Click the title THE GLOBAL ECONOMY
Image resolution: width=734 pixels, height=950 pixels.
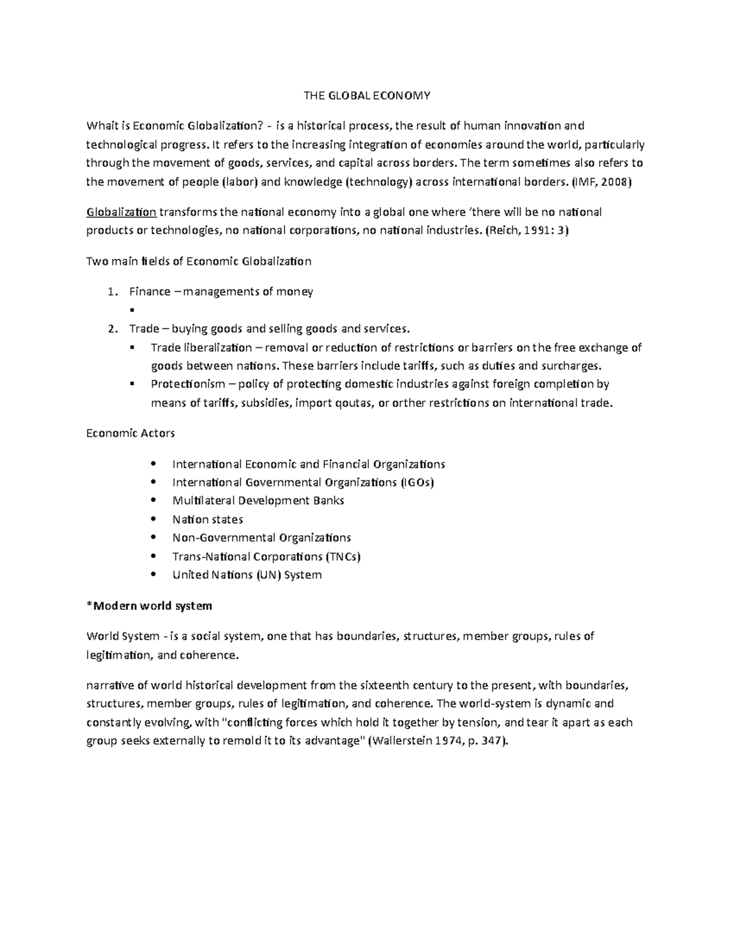click(368, 95)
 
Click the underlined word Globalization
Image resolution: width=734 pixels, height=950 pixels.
click(122, 212)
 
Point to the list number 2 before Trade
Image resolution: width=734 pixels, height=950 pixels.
click(111, 329)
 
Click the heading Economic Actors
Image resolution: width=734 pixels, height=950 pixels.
click(131, 433)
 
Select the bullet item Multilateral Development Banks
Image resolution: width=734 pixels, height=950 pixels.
click(258, 500)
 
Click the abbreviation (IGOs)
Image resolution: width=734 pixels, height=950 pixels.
click(417, 482)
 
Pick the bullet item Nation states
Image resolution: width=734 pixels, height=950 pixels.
click(208, 519)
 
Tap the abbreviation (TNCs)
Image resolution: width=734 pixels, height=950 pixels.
click(343, 557)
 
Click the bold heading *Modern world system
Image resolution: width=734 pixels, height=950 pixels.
click(149, 606)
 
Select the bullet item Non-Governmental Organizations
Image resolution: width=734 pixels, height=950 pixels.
click(262, 538)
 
